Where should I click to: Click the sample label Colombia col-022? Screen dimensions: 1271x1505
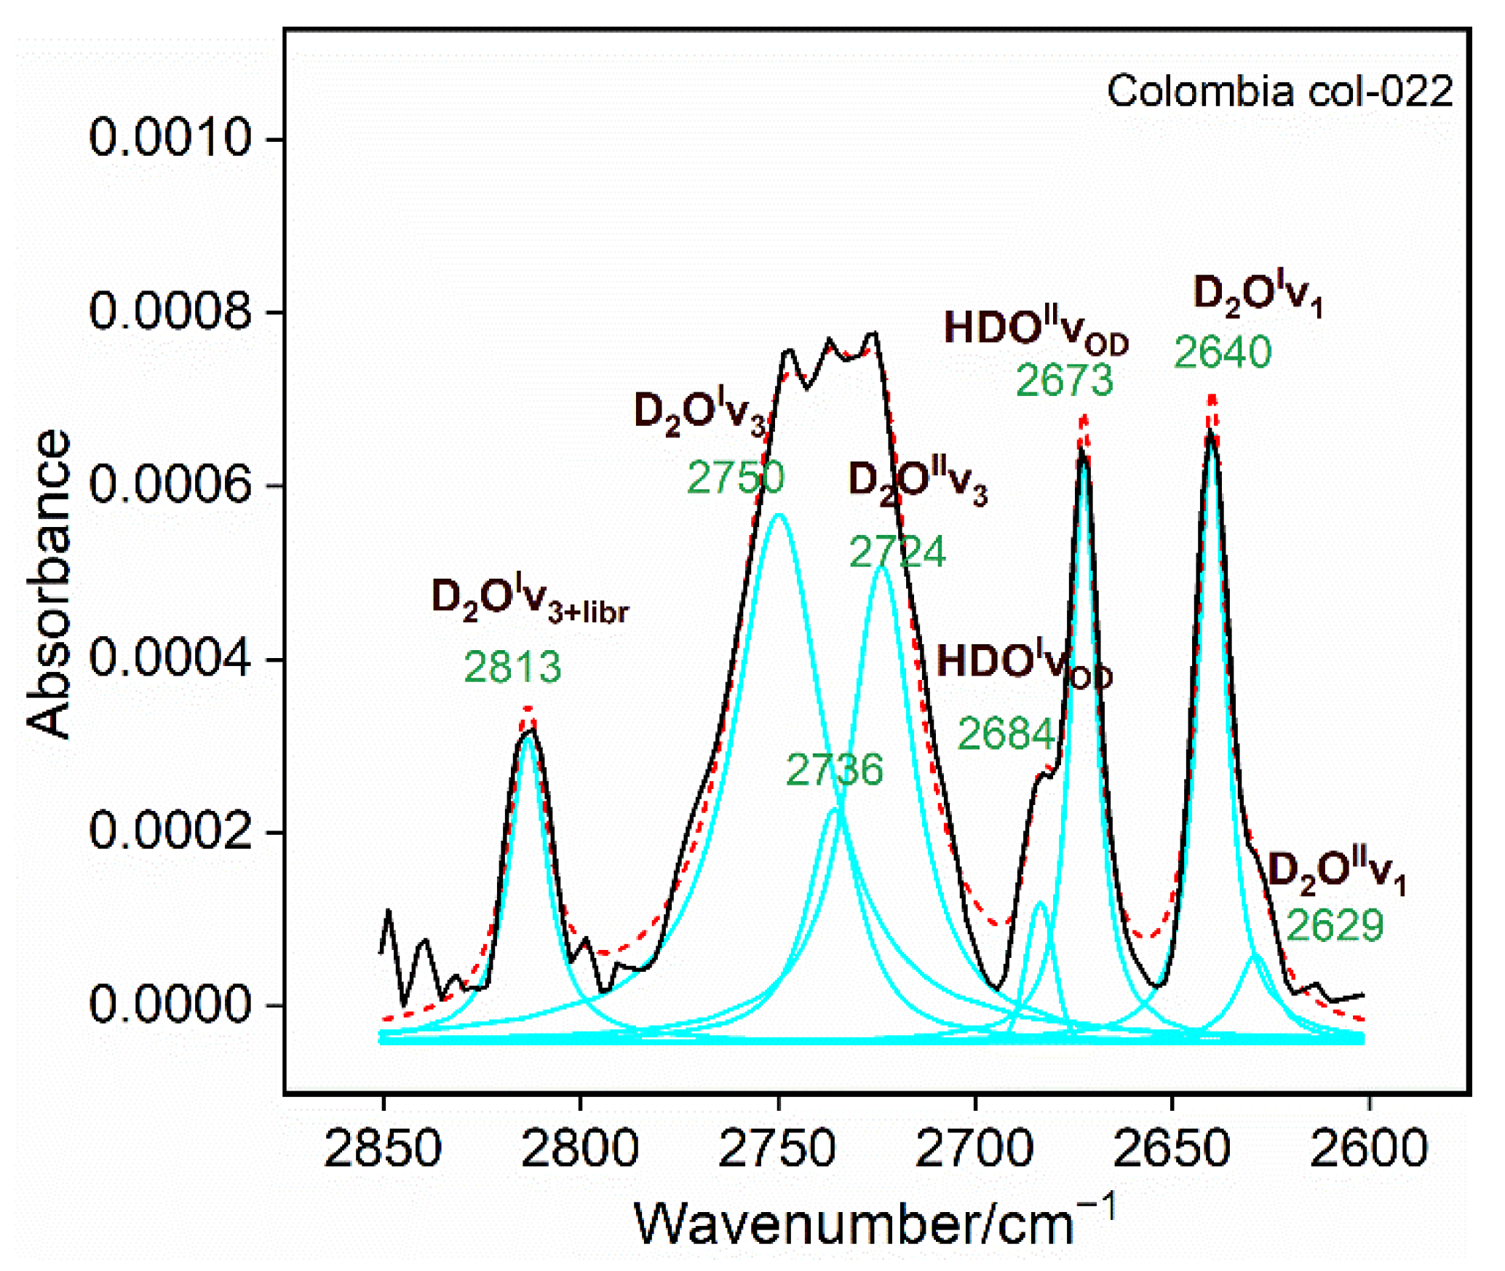[1279, 92]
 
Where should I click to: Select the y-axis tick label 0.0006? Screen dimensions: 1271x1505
[170, 484]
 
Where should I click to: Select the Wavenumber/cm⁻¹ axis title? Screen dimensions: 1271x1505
[874, 1224]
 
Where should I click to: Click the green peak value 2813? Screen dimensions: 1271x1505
[513, 667]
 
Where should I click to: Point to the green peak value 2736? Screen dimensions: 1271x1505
[835, 769]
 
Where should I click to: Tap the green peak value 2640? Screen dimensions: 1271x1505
[1223, 352]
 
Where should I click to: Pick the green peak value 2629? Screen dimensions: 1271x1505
[1335, 926]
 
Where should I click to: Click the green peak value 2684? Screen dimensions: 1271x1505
[1006, 734]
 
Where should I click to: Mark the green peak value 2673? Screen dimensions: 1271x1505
[1065, 380]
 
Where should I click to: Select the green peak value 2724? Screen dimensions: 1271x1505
[897, 552]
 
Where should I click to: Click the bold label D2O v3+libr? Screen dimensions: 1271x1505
[530, 599]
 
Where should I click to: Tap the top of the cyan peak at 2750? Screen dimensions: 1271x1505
[779, 515]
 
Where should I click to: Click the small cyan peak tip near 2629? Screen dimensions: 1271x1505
[1254, 954]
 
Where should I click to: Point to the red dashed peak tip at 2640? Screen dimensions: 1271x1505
[1212, 397]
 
